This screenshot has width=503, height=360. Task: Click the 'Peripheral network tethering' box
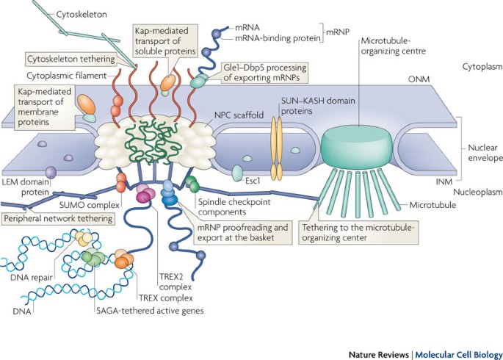[59, 219]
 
